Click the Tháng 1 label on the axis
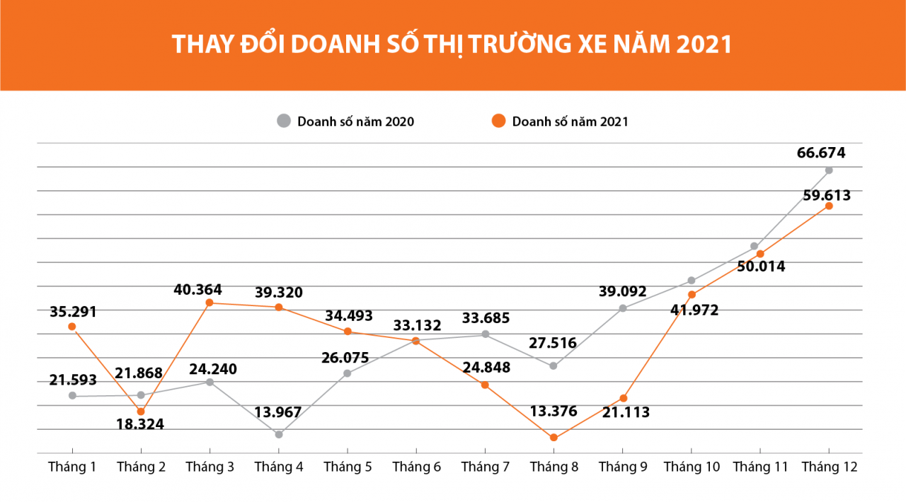[x=72, y=467]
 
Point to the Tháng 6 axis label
[x=416, y=467]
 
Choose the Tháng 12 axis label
[x=829, y=467]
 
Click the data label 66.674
[x=820, y=153]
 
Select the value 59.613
[x=826, y=195]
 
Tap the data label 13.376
[x=554, y=411]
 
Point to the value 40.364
[x=198, y=289]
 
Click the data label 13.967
[x=278, y=412]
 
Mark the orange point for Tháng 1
[x=72, y=326]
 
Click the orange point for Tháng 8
[x=554, y=438]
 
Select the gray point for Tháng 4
[x=279, y=434]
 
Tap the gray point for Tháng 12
[x=829, y=170]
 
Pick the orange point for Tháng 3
[x=210, y=303]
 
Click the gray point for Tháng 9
[x=623, y=308]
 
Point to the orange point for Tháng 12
[x=829, y=206]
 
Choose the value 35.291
[x=73, y=311]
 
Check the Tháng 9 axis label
[x=623, y=467]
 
